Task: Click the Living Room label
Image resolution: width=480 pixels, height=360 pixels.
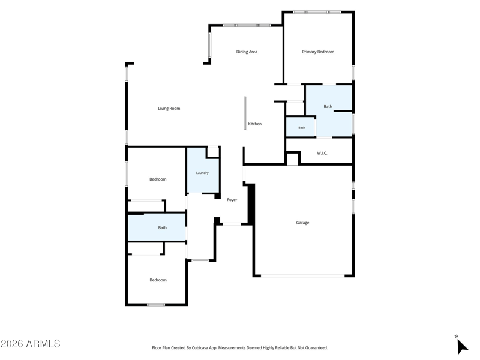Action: tap(169, 109)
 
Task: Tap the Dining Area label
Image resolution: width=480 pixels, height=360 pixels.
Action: tap(247, 52)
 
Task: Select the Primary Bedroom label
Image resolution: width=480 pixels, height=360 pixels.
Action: tap(318, 52)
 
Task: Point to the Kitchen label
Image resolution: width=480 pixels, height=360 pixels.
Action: tap(254, 124)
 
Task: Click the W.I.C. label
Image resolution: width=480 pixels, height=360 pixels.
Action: tap(322, 153)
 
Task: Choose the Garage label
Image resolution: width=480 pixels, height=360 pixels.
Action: tap(302, 223)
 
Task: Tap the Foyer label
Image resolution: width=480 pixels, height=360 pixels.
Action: tap(232, 200)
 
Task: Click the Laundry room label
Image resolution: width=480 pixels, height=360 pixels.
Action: tap(202, 173)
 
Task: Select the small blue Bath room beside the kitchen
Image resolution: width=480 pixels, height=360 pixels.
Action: tap(301, 127)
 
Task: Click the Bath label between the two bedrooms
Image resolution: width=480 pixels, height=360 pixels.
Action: tap(163, 227)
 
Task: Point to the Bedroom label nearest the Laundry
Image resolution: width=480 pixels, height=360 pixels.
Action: tap(158, 179)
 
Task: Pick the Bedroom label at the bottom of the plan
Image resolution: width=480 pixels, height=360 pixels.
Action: tap(158, 280)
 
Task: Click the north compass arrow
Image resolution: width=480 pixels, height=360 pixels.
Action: tap(462, 347)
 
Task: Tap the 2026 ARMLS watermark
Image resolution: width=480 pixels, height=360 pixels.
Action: tap(31, 343)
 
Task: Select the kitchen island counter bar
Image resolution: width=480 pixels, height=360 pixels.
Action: tap(245, 113)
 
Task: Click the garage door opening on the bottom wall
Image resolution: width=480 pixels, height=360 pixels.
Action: tap(303, 276)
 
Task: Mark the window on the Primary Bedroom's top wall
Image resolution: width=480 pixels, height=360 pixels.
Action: tap(317, 12)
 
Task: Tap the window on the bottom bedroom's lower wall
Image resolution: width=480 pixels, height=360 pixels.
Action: tap(156, 305)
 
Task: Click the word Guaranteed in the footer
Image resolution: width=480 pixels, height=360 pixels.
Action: tap(317, 348)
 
